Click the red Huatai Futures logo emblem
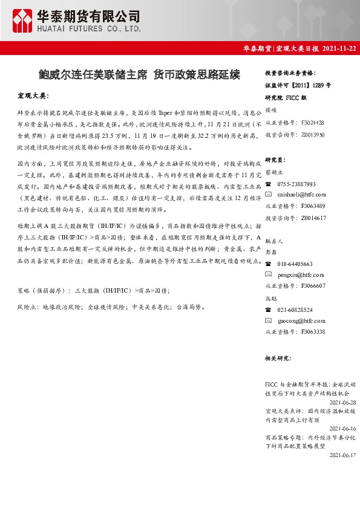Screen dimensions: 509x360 click(23, 21)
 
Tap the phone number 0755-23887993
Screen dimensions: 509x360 click(296, 184)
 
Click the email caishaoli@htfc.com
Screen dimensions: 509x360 click(302, 195)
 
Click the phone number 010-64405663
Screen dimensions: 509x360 click(295, 264)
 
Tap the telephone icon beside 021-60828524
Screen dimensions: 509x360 click(269, 309)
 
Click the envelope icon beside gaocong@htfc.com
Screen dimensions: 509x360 click(269, 320)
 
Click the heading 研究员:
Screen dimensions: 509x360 click(275, 160)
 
